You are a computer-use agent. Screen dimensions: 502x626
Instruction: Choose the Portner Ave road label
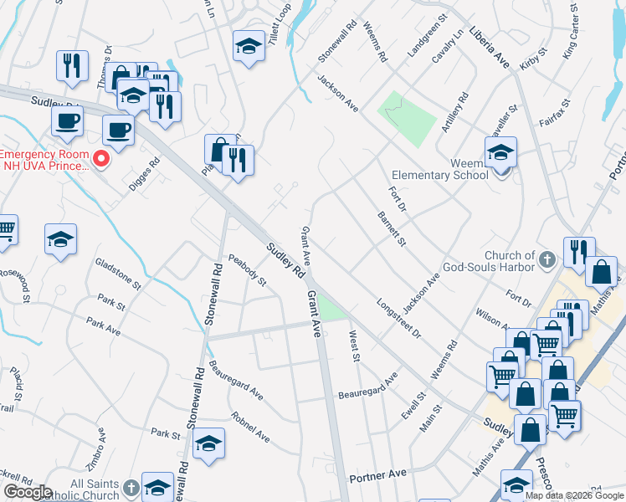click(x=377, y=474)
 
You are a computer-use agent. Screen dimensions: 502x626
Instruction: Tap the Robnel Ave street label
click(x=251, y=425)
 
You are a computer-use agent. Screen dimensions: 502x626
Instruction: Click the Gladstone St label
click(x=118, y=273)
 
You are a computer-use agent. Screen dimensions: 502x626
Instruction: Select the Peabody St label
click(x=247, y=270)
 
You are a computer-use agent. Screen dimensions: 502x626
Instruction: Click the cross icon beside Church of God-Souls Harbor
click(x=547, y=260)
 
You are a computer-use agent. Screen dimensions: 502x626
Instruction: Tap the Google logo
click(x=27, y=492)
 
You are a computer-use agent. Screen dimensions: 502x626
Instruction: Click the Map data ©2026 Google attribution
click(x=573, y=495)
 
